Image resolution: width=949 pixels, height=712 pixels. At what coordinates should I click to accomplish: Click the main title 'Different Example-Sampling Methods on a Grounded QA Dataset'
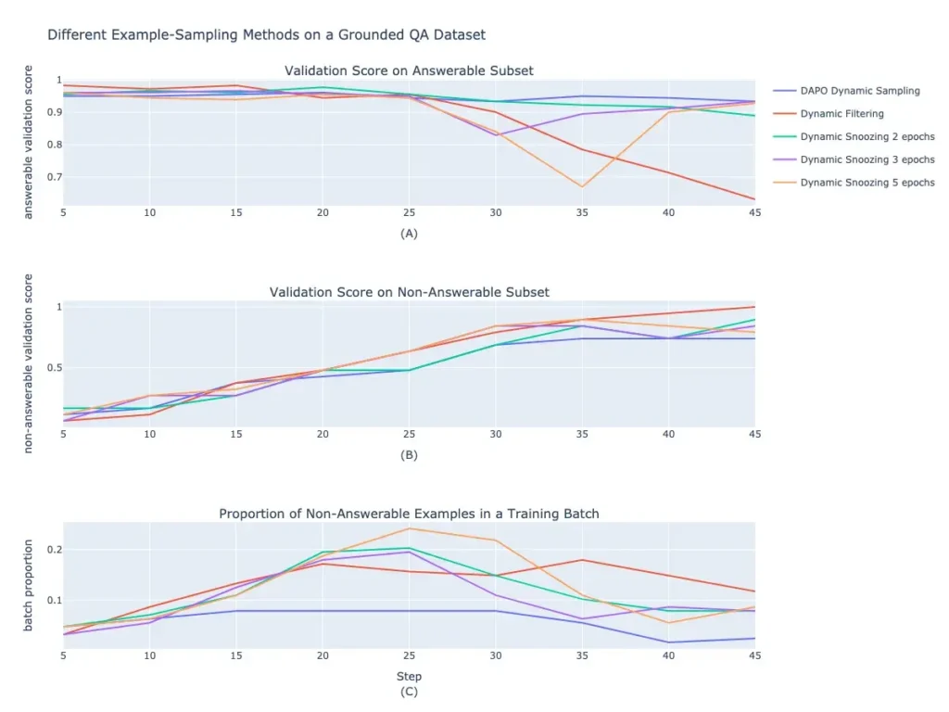coord(266,35)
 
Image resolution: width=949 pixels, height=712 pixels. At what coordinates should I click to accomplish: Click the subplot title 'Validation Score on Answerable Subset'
coord(409,70)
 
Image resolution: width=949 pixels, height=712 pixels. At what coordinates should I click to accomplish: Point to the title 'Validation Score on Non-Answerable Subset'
coord(409,292)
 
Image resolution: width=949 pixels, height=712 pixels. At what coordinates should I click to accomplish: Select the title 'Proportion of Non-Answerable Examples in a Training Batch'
coord(409,514)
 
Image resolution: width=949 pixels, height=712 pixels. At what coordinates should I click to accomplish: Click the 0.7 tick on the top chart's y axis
coord(55,177)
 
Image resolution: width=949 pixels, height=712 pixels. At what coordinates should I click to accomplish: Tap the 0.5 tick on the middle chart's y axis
coord(55,368)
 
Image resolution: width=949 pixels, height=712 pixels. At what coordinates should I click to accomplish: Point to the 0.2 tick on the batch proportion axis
coord(55,550)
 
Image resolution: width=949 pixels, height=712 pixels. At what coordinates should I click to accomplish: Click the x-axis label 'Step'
coord(409,676)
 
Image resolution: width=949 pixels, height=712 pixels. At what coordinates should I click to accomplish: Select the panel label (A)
coord(409,234)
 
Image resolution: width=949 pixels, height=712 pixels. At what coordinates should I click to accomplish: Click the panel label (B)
coord(409,455)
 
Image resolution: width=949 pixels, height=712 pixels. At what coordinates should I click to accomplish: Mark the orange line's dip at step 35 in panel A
coord(582,187)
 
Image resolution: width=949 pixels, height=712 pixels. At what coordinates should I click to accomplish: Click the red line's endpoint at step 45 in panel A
coord(754,199)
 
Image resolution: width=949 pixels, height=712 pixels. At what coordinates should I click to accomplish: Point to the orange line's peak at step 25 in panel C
coord(409,528)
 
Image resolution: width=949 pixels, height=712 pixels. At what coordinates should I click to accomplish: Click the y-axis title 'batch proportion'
coord(28,586)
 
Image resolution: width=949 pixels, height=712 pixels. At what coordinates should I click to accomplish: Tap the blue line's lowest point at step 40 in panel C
coord(669,642)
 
